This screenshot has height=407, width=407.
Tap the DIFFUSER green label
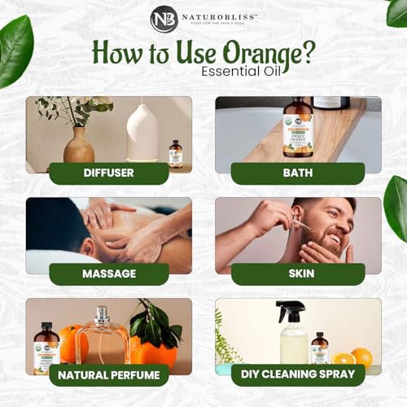pos(108,173)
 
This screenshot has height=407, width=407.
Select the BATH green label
pos(297,173)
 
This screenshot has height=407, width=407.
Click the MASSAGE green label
pos(108,274)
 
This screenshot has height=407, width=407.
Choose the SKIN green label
pos(297,274)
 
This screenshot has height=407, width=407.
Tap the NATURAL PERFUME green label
pos(108,374)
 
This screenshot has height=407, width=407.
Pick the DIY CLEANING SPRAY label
pos(297,374)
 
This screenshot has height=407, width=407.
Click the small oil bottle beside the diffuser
pos(175,154)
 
